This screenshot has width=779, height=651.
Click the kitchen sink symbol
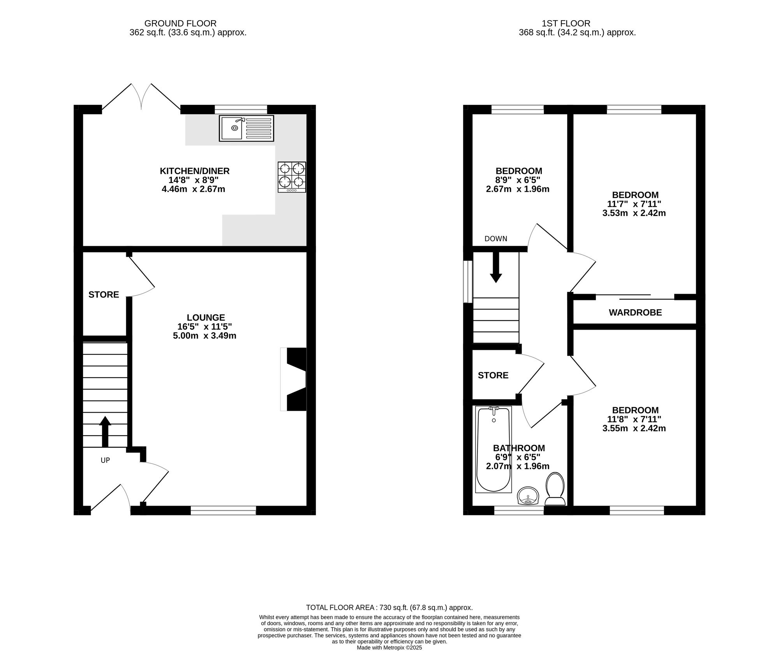246,128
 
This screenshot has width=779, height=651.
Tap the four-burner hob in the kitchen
292,177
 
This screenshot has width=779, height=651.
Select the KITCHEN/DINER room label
194,171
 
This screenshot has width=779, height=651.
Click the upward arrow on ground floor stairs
105,431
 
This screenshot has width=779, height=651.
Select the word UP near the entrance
105,460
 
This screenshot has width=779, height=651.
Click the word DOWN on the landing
496,239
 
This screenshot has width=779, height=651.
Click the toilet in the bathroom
555,489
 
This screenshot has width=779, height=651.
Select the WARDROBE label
635,312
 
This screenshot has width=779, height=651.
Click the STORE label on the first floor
493,375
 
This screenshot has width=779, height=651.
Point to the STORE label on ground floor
104,295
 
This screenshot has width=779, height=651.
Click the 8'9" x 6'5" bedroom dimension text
518,180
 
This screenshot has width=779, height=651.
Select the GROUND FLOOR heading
180,24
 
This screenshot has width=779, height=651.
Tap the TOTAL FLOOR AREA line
389,607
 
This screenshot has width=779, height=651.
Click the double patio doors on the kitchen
141,97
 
